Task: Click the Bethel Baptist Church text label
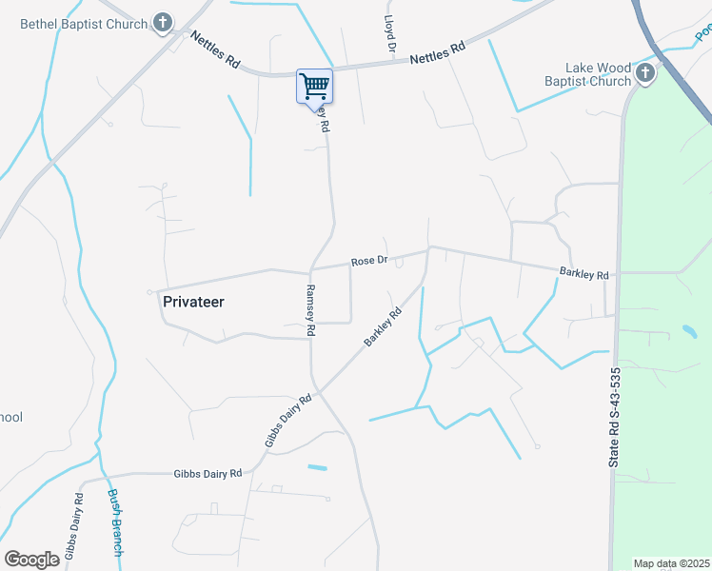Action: (84, 24)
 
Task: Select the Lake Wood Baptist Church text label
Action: (599, 75)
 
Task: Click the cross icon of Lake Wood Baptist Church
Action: (645, 74)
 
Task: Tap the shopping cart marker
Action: (314, 87)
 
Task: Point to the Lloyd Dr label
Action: (388, 32)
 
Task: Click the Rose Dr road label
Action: (369, 261)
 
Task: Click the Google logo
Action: (31, 560)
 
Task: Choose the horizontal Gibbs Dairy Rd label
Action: (208, 473)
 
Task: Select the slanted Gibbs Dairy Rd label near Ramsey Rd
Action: (287, 423)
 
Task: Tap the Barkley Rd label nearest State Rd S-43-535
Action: (583, 274)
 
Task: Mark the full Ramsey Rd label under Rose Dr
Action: (310, 310)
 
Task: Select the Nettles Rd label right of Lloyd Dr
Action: (437, 52)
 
